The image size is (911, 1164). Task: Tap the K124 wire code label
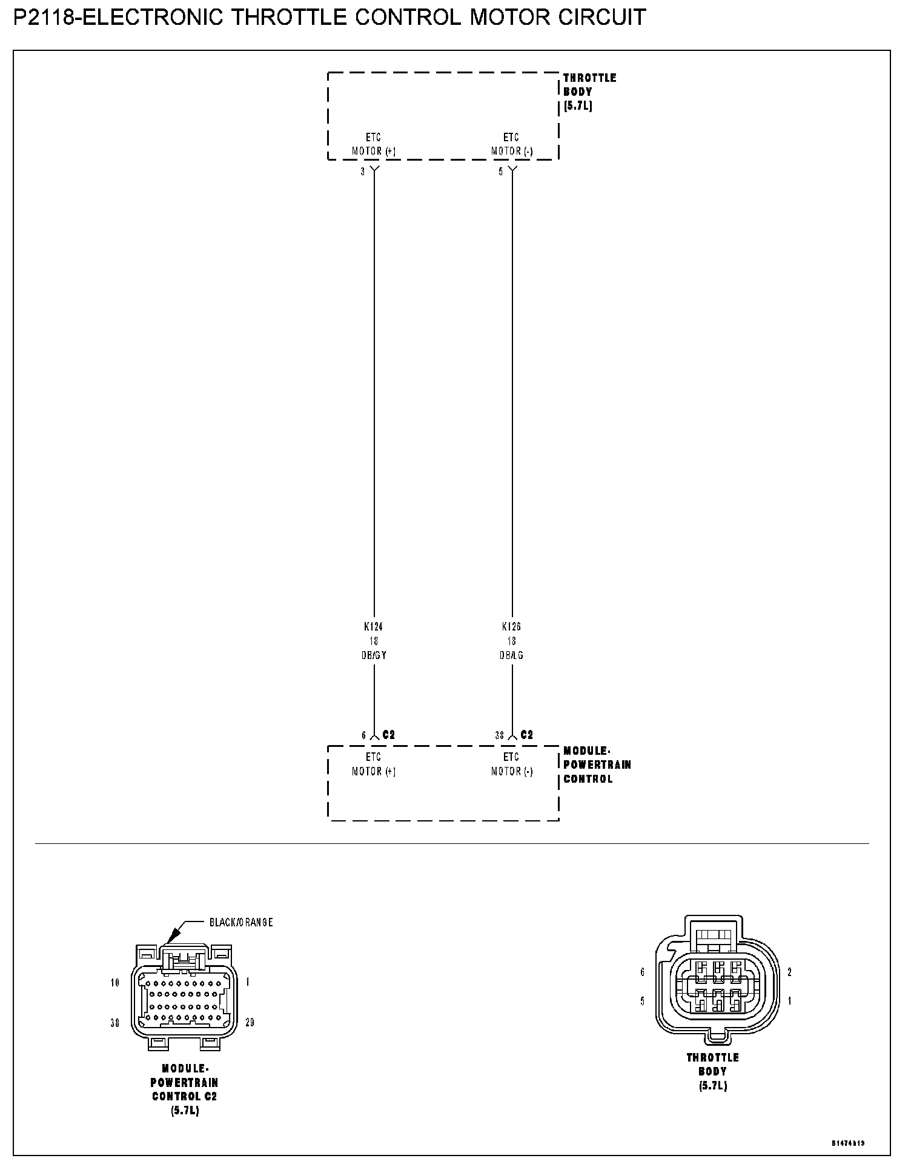point(374,627)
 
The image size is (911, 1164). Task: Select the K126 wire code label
point(512,627)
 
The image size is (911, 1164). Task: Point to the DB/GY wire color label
point(374,655)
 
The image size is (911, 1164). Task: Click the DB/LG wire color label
point(512,655)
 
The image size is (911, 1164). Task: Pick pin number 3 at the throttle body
point(363,172)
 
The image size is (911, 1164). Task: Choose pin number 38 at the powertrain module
point(500,735)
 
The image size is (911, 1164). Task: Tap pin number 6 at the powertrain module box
point(364,735)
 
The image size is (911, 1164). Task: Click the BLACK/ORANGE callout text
point(241,922)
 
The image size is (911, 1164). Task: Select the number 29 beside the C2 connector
point(250,1023)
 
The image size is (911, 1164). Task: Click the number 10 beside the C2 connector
point(115,983)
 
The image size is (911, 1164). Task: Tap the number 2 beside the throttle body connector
point(790,972)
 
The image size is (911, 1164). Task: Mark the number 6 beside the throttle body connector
point(643,972)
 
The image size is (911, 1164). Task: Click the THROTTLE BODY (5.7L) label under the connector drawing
point(712,1071)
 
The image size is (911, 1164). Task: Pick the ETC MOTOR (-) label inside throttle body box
point(511,144)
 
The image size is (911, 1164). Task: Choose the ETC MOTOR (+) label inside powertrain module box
point(374,764)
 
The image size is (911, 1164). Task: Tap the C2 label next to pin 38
point(527,735)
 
